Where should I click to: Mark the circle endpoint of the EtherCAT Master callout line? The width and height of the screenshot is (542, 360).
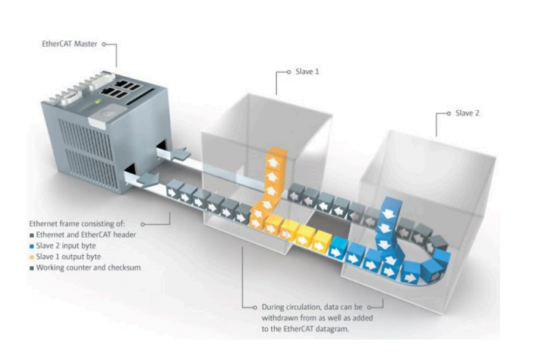point(105,44)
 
